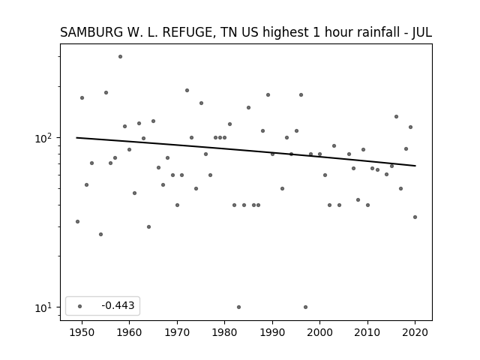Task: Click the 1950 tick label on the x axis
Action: pos(82,332)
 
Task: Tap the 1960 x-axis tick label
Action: pos(129,332)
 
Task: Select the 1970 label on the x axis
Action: pos(177,332)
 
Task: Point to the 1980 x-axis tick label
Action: pos(224,332)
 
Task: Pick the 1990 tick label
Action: pos(272,332)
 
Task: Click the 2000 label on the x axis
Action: pos(319,332)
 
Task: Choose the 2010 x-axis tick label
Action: pos(367,332)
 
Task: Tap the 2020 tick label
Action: pos(415,332)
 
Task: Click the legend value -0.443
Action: pos(118,305)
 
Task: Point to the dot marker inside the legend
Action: pos(80,306)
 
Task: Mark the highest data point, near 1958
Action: pos(120,57)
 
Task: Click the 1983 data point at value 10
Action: pos(238,307)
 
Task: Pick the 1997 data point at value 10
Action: pos(305,307)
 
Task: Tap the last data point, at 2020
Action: pos(415,217)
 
